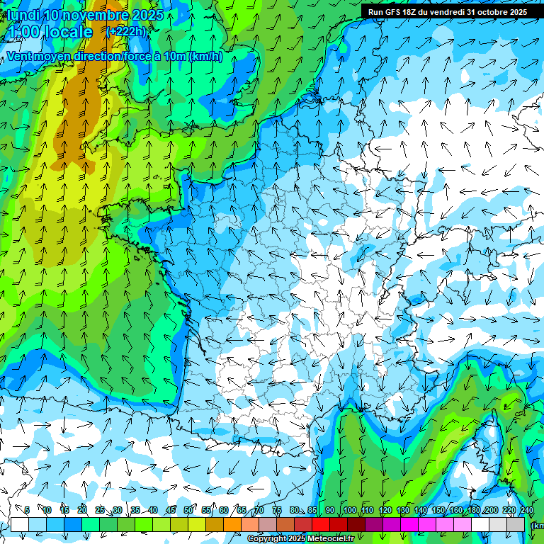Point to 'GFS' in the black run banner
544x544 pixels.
pyautogui.click(x=395, y=12)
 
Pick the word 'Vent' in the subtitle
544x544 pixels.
pyautogui.click(x=21, y=57)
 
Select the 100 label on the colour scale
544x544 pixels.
pyautogui.click(x=350, y=510)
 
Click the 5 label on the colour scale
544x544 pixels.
pyautogui.click(x=27, y=510)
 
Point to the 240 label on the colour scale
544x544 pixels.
pyautogui.click(x=527, y=510)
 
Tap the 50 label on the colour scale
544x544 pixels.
pyautogui.click(x=188, y=510)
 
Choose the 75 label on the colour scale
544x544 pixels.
pyautogui.click(x=276, y=510)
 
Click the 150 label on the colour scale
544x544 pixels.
pyautogui.click(x=438, y=510)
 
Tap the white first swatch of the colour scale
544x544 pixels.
pyautogui.click(x=20, y=524)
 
